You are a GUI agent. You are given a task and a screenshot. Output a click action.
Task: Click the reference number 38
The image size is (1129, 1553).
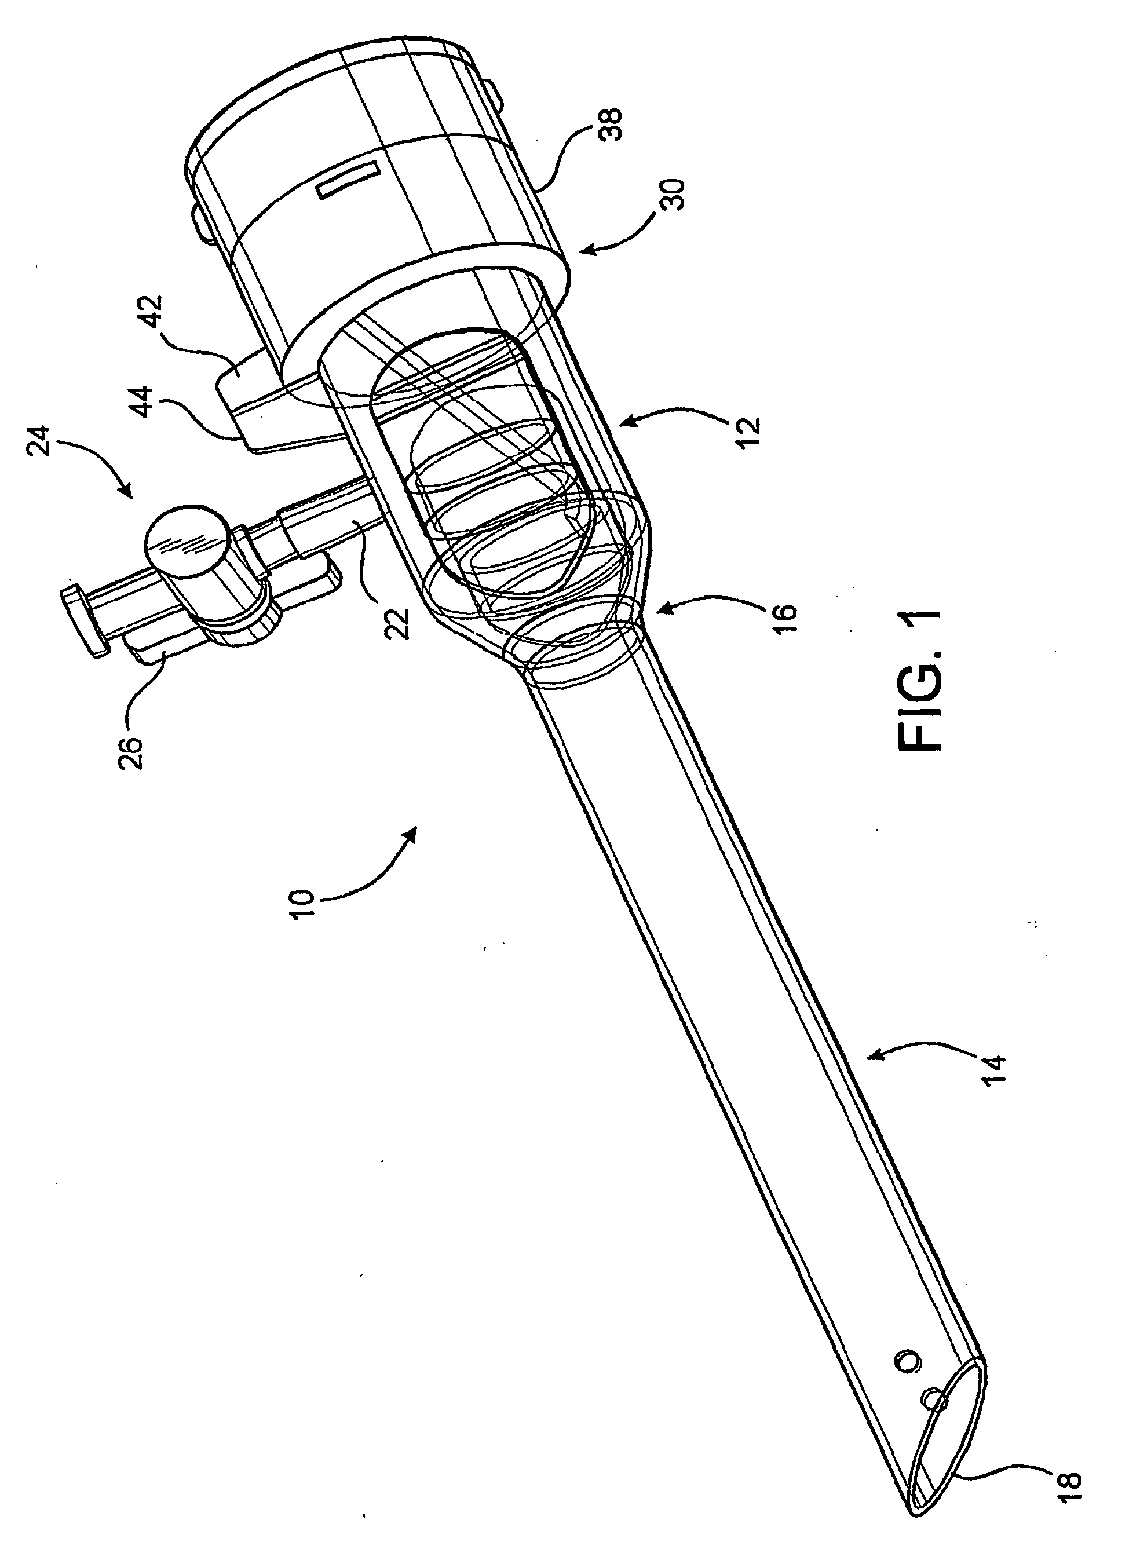coord(613,124)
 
